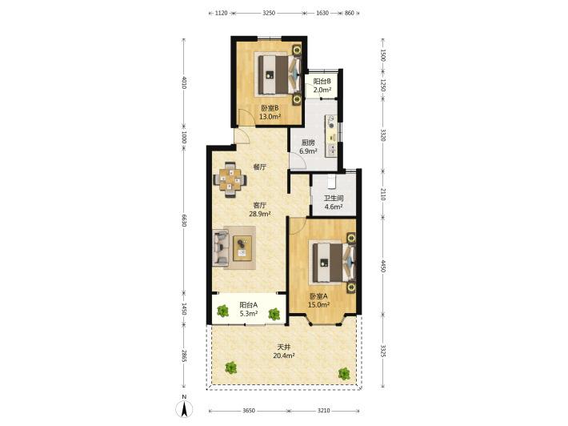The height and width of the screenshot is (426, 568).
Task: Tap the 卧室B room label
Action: pyautogui.click(x=270, y=108)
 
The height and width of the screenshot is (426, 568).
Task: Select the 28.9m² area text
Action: pyautogui.click(x=260, y=214)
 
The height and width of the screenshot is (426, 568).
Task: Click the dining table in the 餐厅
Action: pyautogui.click(x=230, y=179)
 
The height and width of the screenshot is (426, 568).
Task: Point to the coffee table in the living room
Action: pyautogui.click(x=242, y=248)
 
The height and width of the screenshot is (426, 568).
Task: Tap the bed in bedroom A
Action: pyautogui.click(x=332, y=262)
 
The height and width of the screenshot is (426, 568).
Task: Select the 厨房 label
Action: pyautogui.click(x=308, y=143)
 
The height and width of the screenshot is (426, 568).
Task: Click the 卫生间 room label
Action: pyautogui.click(x=334, y=199)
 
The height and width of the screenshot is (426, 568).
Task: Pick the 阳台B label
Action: pyautogui.click(x=322, y=81)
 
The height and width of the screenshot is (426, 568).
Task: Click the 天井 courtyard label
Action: pyautogui.click(x=284, y=347)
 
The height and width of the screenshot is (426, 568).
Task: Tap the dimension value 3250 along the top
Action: pyautogui.click(x=269, y=13)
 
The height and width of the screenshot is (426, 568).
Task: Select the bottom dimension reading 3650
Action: pyautogui.click(x=249, y=411)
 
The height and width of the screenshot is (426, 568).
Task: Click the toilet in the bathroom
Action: pyautogui.click(x=332, y=182)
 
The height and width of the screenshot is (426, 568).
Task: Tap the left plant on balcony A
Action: pyautogui.click(x=222, y=311)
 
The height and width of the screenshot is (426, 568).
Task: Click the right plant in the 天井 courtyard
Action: pyautogui.click(x=344, y=373)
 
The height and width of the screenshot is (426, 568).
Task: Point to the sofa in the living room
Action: pyautogui.click(x=221, y=247)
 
